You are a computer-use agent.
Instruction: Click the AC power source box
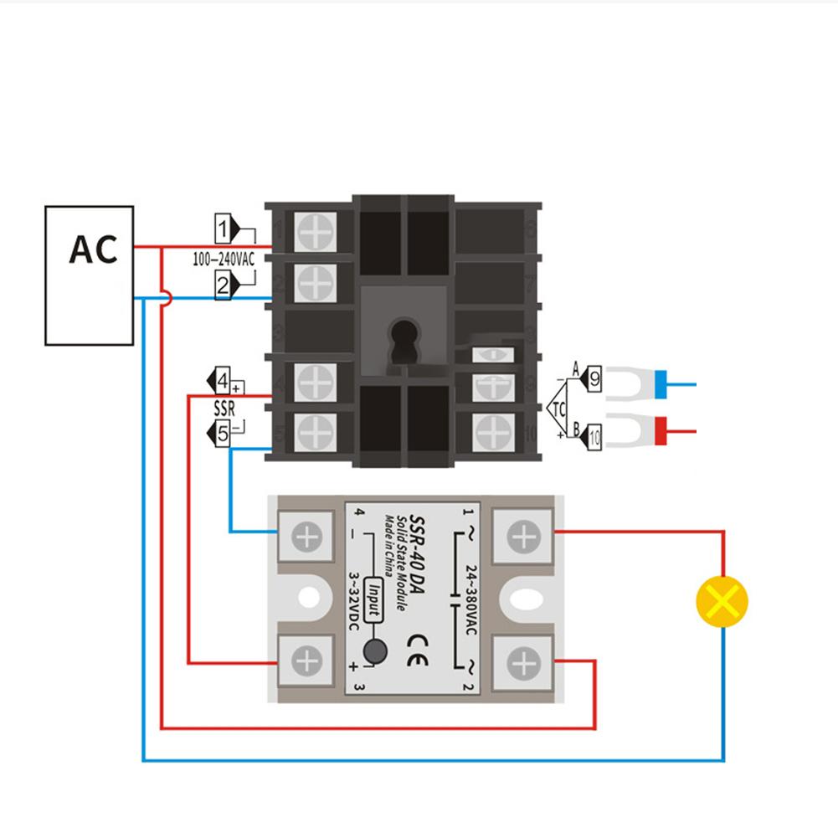tap(89, 275)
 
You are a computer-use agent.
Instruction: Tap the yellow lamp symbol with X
tap(722, 601)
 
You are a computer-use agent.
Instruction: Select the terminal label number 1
tap(224, 228)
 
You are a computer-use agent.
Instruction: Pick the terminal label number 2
tap(223, 286)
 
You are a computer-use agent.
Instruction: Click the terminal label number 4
tap(223, 383)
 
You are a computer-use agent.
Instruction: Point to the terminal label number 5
tap(223, 434)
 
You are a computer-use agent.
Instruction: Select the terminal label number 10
tap(594, 436)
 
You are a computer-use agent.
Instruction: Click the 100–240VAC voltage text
tap(223, 260)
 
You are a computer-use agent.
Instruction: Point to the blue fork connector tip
tap(661, 384)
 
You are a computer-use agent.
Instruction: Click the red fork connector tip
tap(661, 433)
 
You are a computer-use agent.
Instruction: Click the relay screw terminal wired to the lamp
tap(523, 536)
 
